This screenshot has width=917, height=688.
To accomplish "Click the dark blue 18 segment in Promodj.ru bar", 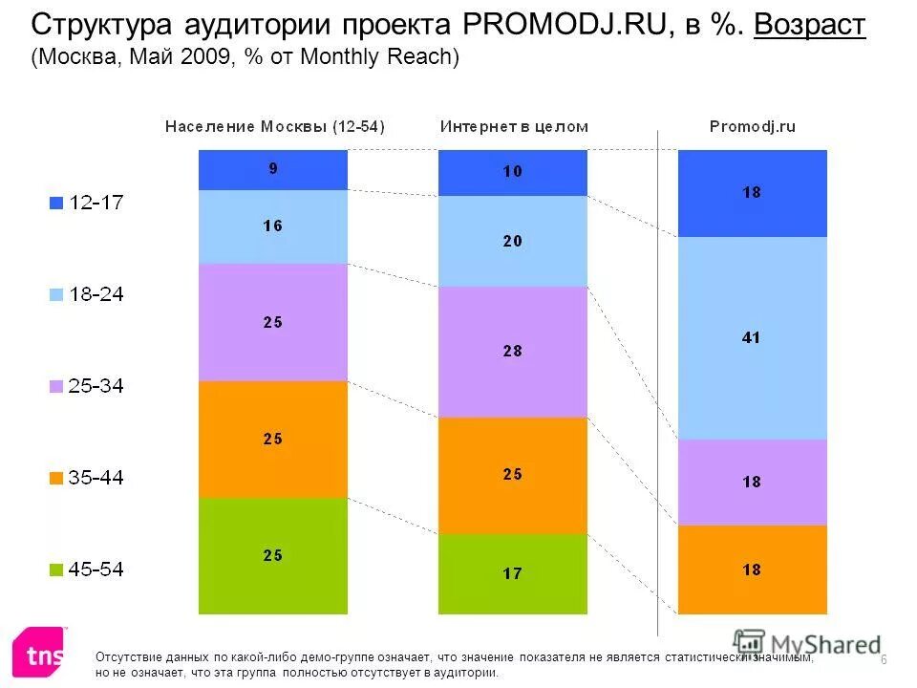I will pyautogui.click(x=752, y=193).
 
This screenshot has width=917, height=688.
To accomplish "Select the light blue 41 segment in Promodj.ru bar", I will pyautogui.click(x=752, y=337).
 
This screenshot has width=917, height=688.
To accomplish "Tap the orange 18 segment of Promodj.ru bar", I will pyautogui.click(x=752, y=570).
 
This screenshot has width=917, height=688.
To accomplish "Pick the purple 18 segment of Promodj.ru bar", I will pyautogui.click(x=752, y=483).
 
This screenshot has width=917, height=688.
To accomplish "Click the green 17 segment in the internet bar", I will pyautogui.click(x=512, y=574).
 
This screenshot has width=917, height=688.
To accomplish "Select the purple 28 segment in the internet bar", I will pyautogui.click(x=512, y=352).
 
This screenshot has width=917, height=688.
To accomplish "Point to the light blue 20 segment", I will pyautogui.click(x=512, y=241).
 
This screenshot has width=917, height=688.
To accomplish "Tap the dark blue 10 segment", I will pyautogui.click(x=512, y=172).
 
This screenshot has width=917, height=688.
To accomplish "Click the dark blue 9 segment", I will pyautogui.click(x=273, y=169).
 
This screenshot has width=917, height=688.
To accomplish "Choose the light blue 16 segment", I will pyautogui.click(x=273, y=226).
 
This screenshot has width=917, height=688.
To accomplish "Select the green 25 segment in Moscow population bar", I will pyautogui.click(x=273, y=555).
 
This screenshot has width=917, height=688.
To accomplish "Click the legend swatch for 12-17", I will pyautogui.click(x=56, y=203).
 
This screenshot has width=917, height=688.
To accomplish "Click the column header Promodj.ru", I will pyautogui.click(x=752, y=126).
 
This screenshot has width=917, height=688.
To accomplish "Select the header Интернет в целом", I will pyautogui.click(x=514, y=126).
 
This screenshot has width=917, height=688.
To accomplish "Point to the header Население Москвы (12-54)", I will pyautogui.click(x=275, y=126).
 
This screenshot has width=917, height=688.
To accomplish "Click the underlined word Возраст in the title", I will pyautogui.click(x=809, y=25).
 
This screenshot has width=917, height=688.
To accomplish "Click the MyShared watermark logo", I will pyautogui.click(x=807, y=644).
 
